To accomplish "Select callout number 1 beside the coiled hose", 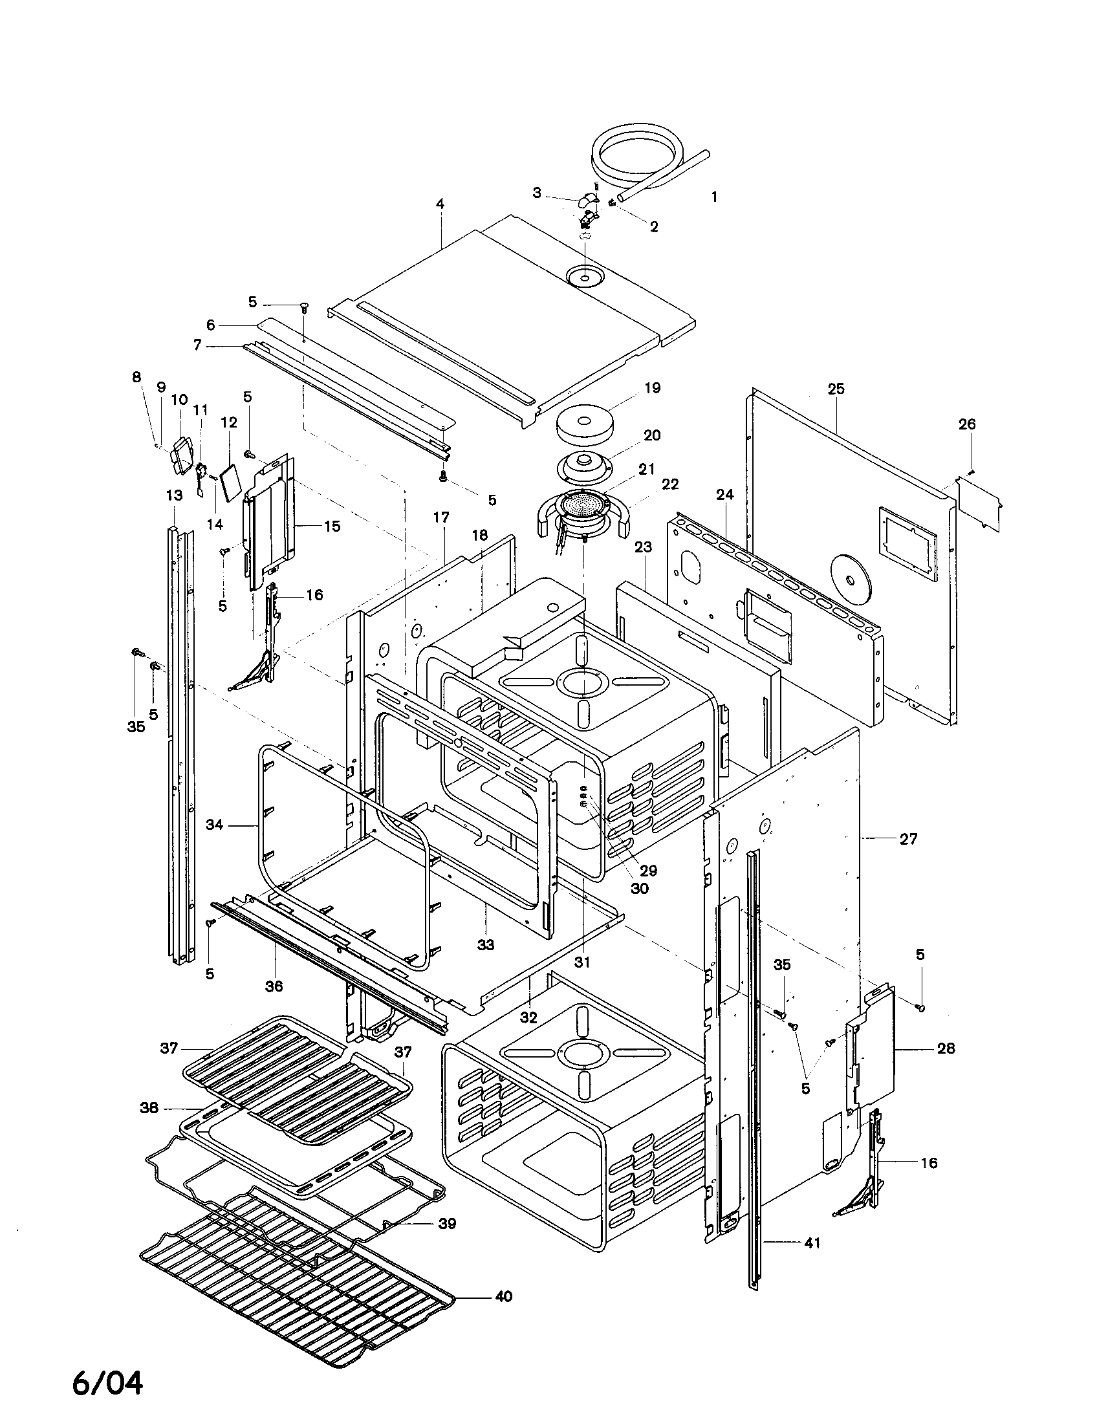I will tap(714, 196).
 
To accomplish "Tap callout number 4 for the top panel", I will tap(440, 204).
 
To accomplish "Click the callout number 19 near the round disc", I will tap(652, 387).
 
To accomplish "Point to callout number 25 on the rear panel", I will tap(836, 388).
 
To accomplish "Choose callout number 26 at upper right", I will tap(967, 424).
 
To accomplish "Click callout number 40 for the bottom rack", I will tap(503, 1296).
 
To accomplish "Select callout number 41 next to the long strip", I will tap(812, 1243).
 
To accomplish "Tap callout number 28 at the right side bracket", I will tap(946, 1048).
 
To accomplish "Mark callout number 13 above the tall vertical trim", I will tap(174, 495).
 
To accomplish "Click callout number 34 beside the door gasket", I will tap(214, 825).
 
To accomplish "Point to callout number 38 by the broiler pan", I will tap(149, 1107).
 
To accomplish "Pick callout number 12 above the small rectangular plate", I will tap(229, 422).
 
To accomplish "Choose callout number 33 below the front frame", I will tap(485, 944).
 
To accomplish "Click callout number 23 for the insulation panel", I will tap(643, 547).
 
